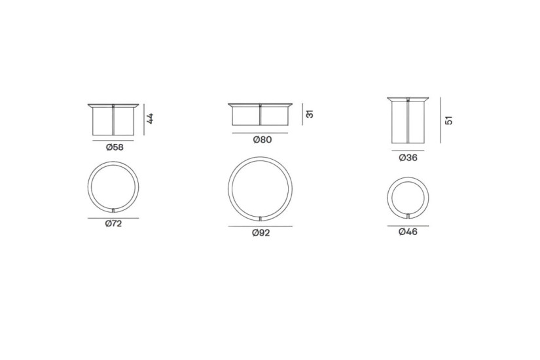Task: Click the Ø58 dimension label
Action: [115, 147]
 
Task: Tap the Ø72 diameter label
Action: [114, 224]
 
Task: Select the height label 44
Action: [150, 118]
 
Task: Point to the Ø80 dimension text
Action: [262, 139]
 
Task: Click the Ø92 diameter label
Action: [261, 233]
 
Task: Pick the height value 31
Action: [310, 114]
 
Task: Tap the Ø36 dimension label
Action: [408, 158]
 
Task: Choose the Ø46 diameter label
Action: [408, 232]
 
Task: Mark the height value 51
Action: [449, 120]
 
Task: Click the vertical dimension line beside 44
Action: [144, 120]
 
